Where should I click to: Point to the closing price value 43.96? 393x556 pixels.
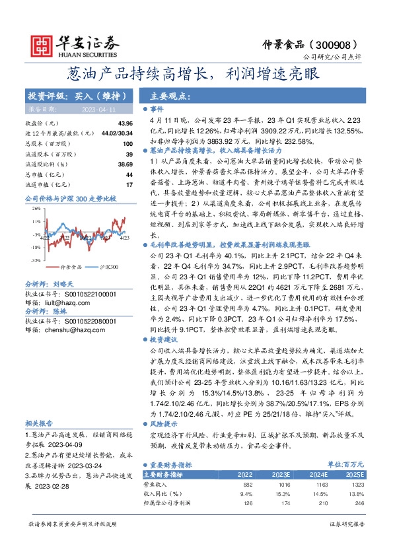pos(125,123)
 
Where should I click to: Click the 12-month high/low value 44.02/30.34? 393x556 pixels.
pos(116,133)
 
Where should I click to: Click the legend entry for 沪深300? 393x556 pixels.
pos(108,267)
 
